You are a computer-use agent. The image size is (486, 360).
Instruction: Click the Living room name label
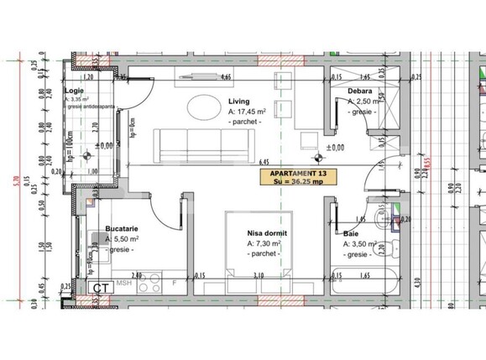(239, 100)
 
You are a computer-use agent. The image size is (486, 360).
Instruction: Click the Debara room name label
(360, 90)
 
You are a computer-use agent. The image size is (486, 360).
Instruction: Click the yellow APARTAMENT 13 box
(300, 177)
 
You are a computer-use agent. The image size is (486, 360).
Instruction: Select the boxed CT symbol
(102, 286)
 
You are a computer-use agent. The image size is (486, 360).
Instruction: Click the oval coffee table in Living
(204, 107)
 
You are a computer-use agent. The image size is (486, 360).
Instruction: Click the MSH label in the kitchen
(124, 283)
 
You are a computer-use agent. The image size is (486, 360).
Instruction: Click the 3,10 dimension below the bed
(259, 274)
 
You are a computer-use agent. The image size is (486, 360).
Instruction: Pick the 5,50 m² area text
(123, 239)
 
